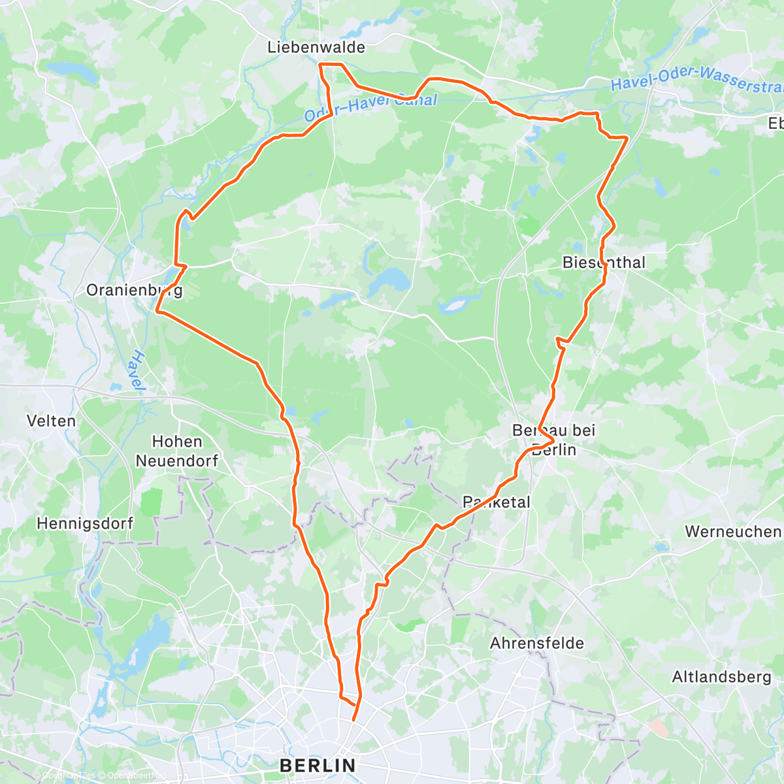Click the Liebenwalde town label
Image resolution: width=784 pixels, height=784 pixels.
click(316, 48)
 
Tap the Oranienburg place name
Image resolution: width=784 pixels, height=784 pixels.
click(135, 290)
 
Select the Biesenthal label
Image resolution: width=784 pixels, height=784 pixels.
click(604, 263)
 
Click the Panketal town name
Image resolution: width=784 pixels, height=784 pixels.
click(497, 502)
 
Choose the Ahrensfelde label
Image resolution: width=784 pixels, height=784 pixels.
click(537, 644)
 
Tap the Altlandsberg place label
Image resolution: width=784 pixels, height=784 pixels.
click(721, 677)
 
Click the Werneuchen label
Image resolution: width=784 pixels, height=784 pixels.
click(732, 532)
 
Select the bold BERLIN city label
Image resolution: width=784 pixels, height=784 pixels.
click(318, 765)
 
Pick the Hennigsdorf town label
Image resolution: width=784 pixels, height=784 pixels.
click(85, 523)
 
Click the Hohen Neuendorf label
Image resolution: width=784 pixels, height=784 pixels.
click(177, 451)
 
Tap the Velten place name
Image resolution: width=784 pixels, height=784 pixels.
click(51, 421)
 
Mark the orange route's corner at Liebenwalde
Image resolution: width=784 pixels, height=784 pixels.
click(319, 64)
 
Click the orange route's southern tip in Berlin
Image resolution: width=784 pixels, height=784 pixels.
click(353, 720)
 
